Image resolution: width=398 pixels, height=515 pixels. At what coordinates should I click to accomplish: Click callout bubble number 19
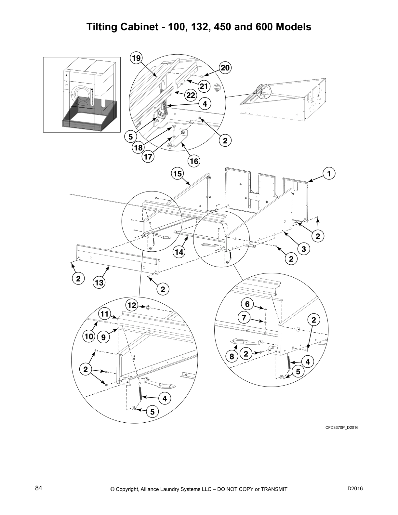(136, 58)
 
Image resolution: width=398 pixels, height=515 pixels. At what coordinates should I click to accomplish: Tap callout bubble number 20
(225, 68)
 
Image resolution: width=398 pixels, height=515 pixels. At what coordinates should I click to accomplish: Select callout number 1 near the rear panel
(329, 173)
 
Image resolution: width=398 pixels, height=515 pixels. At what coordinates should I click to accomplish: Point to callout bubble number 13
(99, 283)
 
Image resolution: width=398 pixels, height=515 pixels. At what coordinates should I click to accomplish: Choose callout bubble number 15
(178, 174)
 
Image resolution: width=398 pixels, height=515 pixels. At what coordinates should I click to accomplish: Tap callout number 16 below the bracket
(194, 161)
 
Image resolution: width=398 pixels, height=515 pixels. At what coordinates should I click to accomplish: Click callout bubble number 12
(132, 305)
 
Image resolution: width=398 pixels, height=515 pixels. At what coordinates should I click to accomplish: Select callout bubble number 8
(232, 356)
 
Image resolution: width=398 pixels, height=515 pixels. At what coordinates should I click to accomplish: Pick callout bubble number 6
(247, 304)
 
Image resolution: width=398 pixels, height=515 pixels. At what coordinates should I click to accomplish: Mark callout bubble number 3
(303, 249)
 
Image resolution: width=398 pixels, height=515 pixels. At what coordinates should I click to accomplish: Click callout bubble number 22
(191, 95)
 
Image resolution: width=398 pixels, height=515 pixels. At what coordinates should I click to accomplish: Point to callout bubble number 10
(89, 337)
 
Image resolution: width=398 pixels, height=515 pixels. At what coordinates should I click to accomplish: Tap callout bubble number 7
(244, 318)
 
